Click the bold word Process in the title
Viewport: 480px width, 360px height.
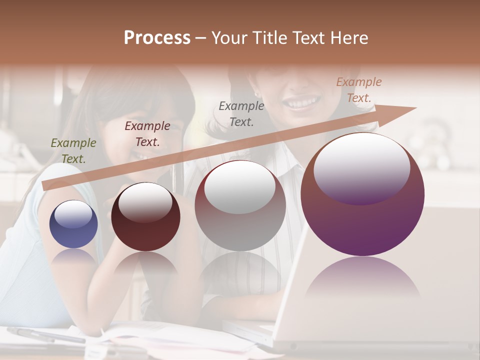point(157,38)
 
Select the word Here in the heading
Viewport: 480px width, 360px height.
point(348,38)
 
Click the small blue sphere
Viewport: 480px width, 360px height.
point(73,224)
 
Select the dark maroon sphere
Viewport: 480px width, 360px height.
point(145,217)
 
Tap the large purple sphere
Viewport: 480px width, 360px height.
point(362,195)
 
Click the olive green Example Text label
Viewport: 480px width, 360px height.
point(73,150)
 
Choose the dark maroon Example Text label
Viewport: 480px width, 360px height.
point(147,133)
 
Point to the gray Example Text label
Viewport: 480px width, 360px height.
point(241,113)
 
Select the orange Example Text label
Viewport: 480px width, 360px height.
point(359,89)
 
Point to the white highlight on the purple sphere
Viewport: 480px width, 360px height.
point(361,168)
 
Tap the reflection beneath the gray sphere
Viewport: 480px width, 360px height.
point(240,272)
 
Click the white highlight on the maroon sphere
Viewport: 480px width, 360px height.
point(145,202)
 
